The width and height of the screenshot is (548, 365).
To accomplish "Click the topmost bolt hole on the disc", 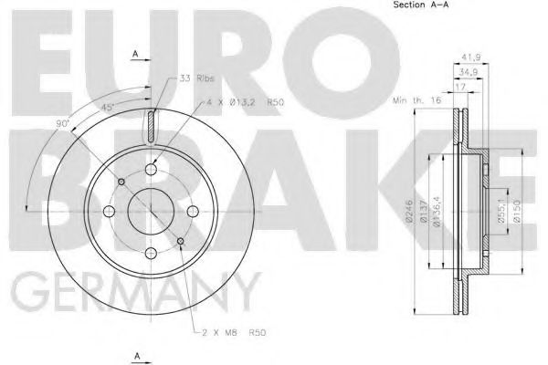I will pyautogui.click(x=152, y=171).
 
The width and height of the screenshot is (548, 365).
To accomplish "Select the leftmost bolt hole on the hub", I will pyautogui.click(x=110, y=213).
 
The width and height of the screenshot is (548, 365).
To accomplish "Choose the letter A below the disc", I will pyautogui.click(x=135, y=354).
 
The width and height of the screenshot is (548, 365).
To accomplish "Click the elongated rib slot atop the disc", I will pyautogui.click(x=152, y=125).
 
